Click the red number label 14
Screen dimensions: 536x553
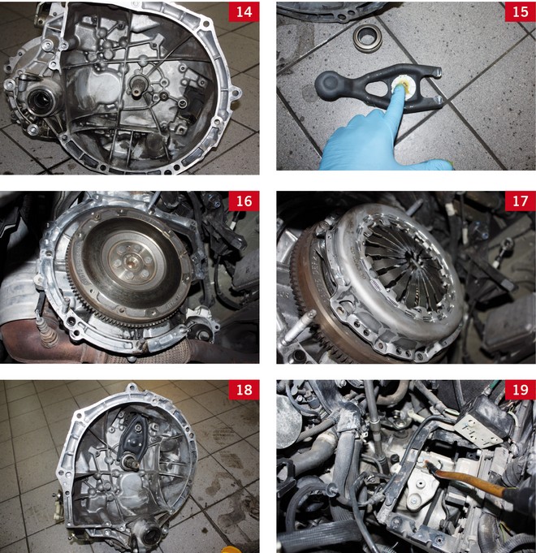[x=244, y=11]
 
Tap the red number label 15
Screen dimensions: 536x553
[x=520, y=11]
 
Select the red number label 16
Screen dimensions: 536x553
[x=244, y=201]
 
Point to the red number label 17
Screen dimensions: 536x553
[x=520, y=201]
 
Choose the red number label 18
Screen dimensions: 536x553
[x=244, y=390]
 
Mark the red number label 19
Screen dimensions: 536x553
[x=520, y=390]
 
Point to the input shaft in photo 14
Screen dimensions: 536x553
[x=139, y=86]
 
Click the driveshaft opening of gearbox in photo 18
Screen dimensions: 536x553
[x=151, y=534]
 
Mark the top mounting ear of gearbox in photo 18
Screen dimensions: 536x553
[x=132, y=388]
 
